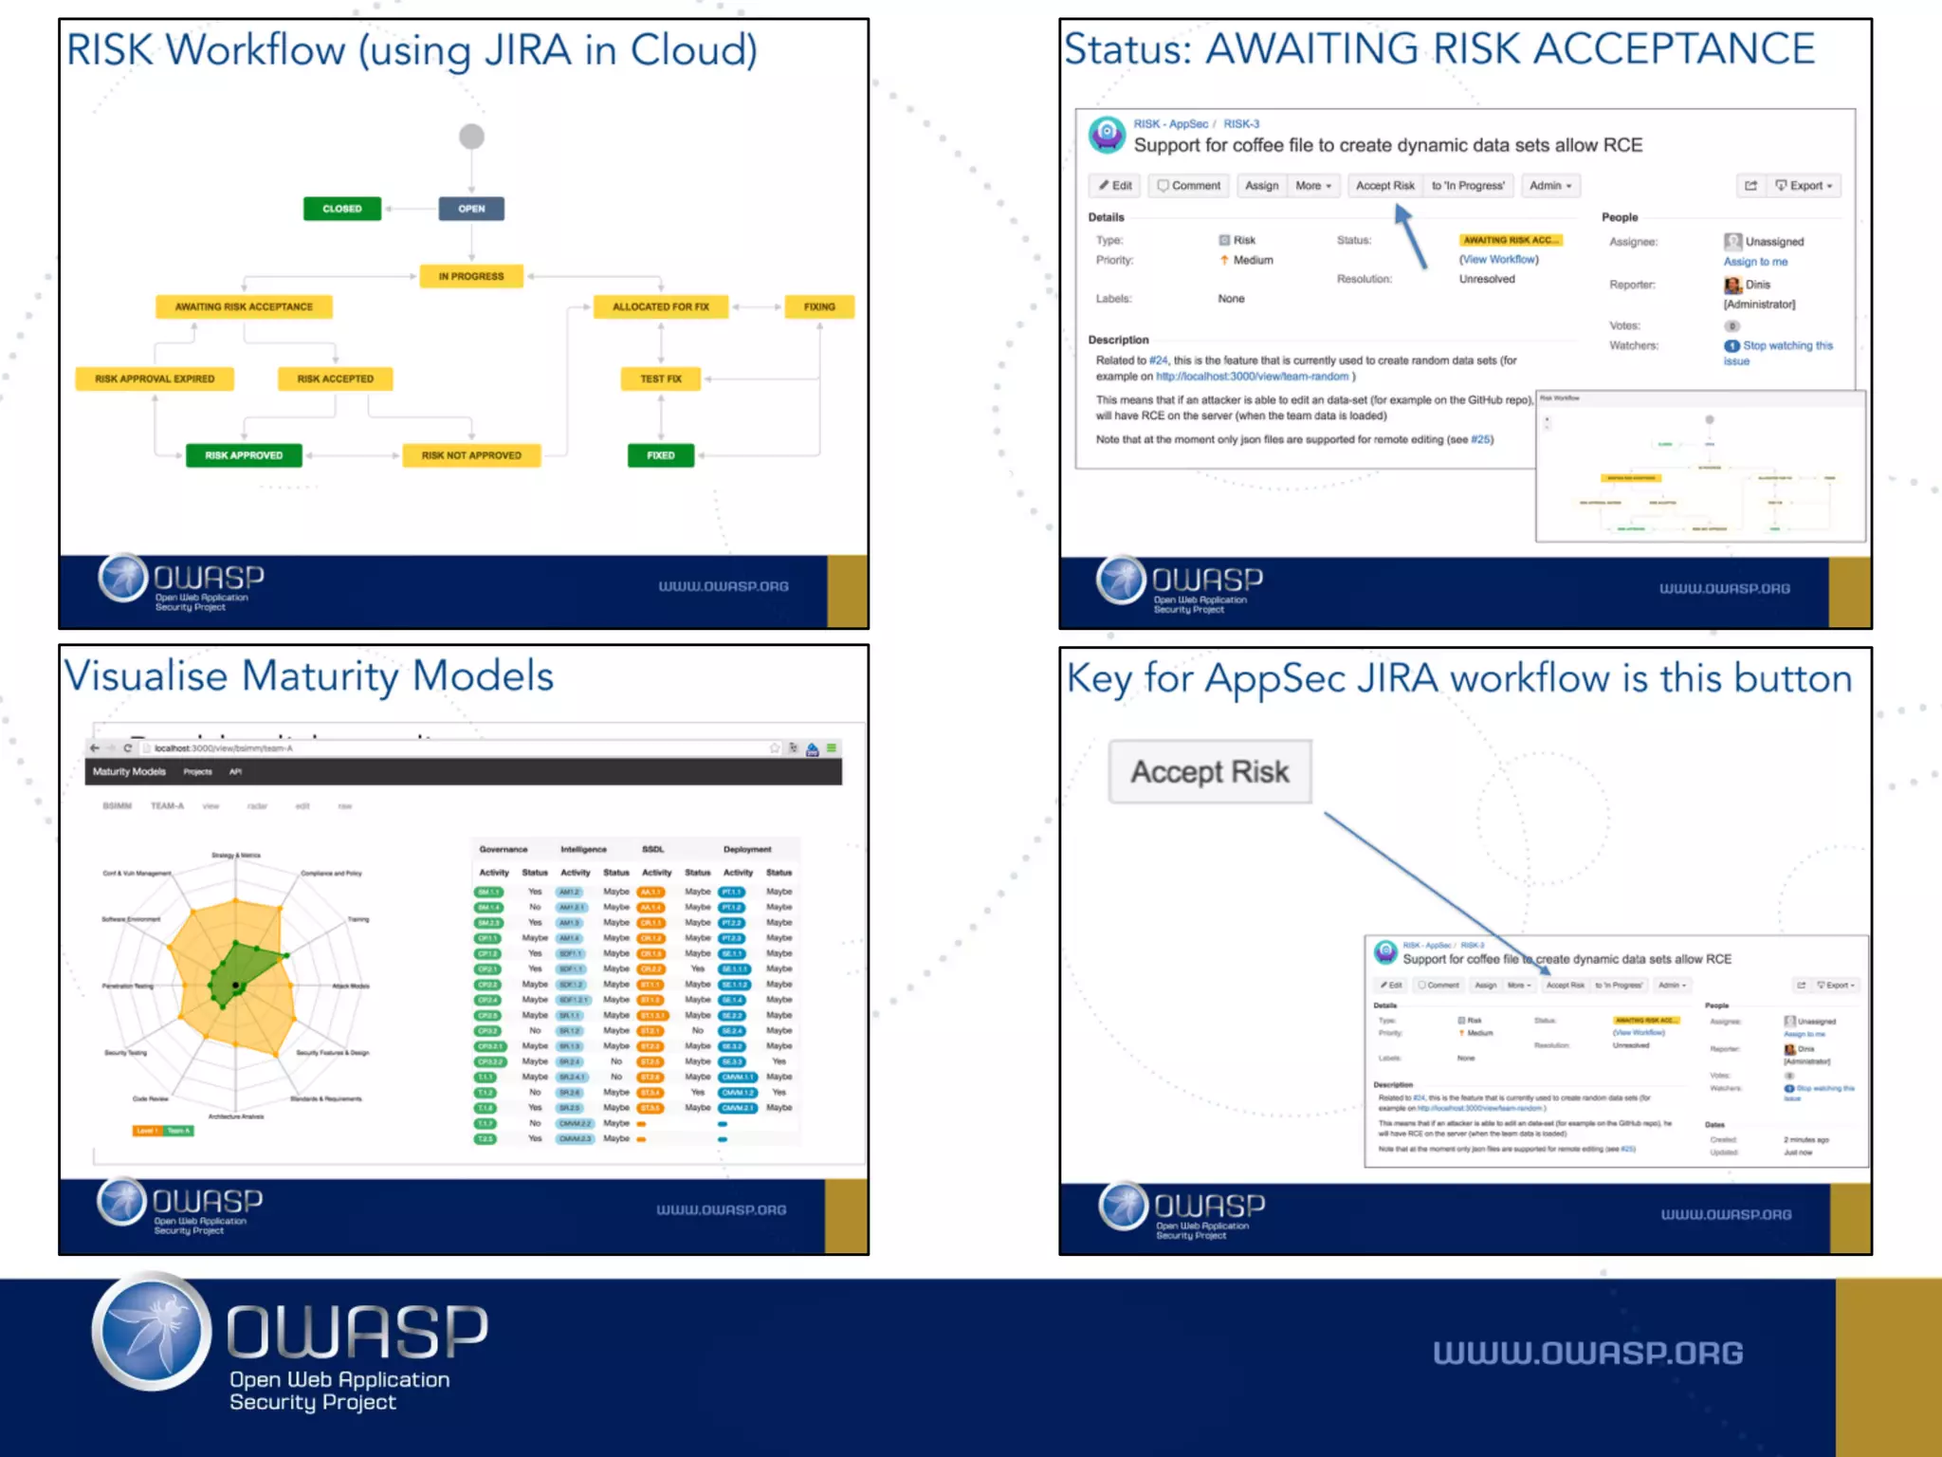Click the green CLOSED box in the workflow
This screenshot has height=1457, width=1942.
[342, 209]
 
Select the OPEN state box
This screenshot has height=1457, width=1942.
[471, 209]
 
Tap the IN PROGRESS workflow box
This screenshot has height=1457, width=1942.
[471, 276]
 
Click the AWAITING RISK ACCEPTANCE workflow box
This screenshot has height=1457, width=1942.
[244, 306]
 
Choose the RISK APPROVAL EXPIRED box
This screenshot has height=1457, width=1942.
[155, 378]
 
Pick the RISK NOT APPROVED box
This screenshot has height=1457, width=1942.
[471, 455]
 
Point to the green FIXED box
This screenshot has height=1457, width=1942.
[661, 455]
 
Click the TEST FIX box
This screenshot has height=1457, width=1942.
[661, 378]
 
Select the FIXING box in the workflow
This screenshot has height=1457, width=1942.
[819, 306]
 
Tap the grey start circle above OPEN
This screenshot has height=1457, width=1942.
[471, 137]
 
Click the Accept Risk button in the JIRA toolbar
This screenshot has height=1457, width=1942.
[1384, 186]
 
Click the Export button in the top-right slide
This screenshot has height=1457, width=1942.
[1805, 186]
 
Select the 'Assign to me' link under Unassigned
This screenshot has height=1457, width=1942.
[1755, 262]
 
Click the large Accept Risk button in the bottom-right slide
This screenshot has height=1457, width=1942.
[1210, 772]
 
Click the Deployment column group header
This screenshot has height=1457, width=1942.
[747, 849]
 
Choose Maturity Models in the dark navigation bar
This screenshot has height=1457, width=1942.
[129, 772]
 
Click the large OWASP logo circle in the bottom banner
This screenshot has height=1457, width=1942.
[153, 1332]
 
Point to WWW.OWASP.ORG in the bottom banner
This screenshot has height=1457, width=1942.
[1587, 1353]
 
